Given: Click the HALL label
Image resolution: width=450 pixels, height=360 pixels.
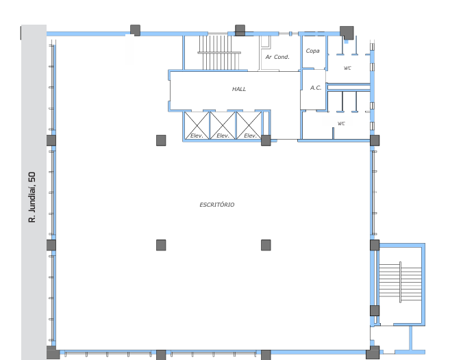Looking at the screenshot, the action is [x=239, y=89].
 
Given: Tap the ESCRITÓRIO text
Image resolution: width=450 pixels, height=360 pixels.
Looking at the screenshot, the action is [x=217, y=205].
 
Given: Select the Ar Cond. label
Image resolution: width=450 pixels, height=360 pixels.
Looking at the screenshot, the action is [x=277, y=57].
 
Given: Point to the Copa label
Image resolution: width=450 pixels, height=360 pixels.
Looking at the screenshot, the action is [x=312, y=51].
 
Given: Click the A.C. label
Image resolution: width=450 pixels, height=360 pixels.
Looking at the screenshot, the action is [x=315, y=88].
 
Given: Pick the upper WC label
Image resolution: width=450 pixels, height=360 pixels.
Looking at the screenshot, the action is [x=347, y=68].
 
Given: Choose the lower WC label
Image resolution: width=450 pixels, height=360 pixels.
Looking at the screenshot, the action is [x=341, y=124].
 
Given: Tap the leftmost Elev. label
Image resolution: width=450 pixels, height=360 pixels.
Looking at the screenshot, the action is [x=197, y=136].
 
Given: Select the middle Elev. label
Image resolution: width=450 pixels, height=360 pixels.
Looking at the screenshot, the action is [x=223, y=136].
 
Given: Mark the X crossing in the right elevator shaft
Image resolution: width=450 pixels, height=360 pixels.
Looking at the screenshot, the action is [x=249, y=125].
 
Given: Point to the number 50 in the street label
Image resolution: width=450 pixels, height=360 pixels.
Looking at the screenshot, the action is [x=32, y=177].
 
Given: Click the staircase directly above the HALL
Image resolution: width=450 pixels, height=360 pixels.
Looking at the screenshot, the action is [x=219, y=52].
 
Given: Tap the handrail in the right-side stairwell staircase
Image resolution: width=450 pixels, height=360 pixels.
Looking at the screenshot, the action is [x=401, y=282].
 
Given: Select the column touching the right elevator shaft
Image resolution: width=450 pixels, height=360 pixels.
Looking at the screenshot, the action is [x=266, y=140].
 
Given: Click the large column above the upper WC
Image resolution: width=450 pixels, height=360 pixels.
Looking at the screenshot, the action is [x=347, y=33].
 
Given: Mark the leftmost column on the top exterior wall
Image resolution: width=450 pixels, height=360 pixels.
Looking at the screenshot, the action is [x=135, y=30].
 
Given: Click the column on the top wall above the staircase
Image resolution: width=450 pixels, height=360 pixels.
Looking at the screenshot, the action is [x=240, y=30].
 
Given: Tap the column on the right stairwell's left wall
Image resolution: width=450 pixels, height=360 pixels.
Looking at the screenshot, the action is [x=375, y=311].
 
